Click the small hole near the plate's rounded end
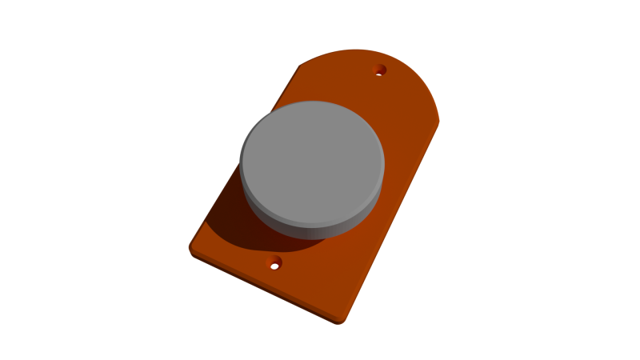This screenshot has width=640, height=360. tap(381, 70)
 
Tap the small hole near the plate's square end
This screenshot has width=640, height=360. tap(274, 262)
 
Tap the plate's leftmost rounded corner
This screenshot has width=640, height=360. tap(192, 246)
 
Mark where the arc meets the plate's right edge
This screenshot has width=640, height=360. tap(438, 122)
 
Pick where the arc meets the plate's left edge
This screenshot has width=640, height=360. tap(300, 66)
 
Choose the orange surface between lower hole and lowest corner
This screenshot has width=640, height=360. tap(312, 292)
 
